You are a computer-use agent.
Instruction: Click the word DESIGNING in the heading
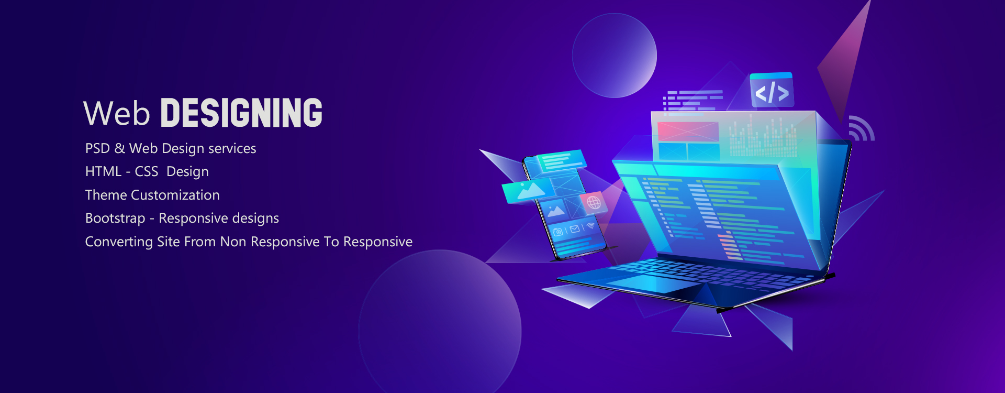point(241,113)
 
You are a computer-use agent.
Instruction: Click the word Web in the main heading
point(117,113)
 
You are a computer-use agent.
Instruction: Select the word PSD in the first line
point(97,148)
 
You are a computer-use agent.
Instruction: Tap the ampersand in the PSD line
point(120,148)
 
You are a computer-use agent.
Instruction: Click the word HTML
point(103,171)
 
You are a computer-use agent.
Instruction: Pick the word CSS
point(147,171)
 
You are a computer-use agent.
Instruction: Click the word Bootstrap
point(115,218)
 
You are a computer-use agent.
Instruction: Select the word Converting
point(119,242)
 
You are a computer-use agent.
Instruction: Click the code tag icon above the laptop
point(772,91)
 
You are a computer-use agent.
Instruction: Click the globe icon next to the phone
point(594,202)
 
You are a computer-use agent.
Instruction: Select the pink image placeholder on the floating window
point(688,131)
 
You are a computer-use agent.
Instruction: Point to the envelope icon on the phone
point(574,229)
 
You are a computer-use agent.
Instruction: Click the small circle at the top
point(615,56)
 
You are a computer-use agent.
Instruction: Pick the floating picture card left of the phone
point(529,190)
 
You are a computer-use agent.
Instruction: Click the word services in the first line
point(232,148)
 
